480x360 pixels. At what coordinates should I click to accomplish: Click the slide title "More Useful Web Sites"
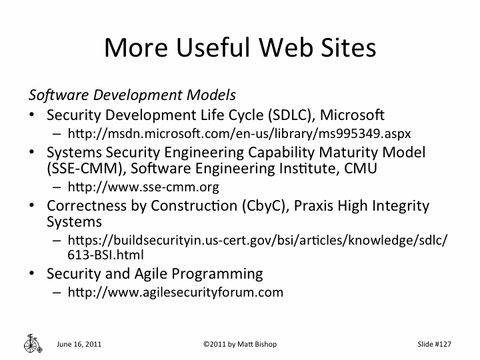(x=240, y=47)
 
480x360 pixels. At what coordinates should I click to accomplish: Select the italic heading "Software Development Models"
(x=132, y=94)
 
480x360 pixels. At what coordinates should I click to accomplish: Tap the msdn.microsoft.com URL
(x=243, y=132)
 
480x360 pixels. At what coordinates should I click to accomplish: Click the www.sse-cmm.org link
(x=143, y=187)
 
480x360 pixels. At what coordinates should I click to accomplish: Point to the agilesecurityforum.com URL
(x=175, y=292)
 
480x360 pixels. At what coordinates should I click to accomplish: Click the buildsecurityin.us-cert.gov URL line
(x=257, y=241)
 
